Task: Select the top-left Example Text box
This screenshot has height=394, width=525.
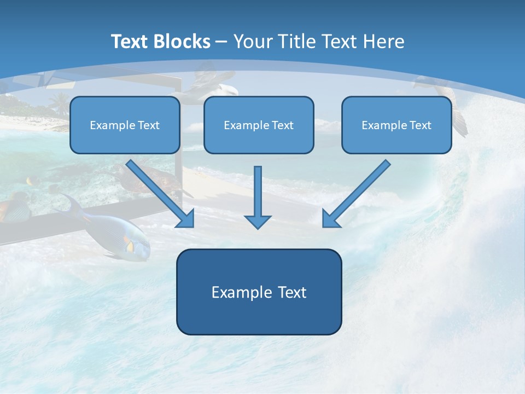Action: click(125, 125)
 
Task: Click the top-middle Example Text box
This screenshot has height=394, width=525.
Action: click(259, 125)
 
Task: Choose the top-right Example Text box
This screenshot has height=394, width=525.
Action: click(396, 125)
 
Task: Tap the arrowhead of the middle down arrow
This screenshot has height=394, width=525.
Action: click(258, 221)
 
